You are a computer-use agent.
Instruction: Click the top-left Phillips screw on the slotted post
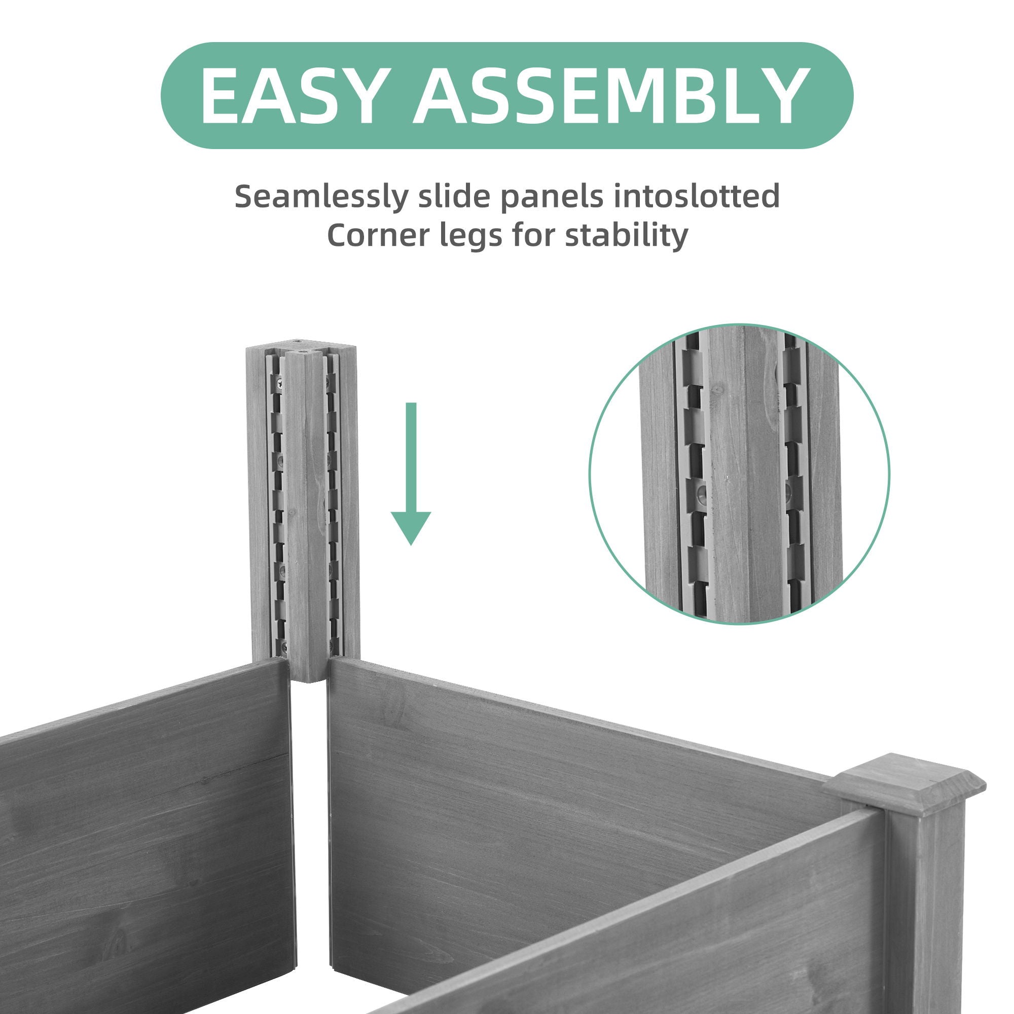pos(279,385)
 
